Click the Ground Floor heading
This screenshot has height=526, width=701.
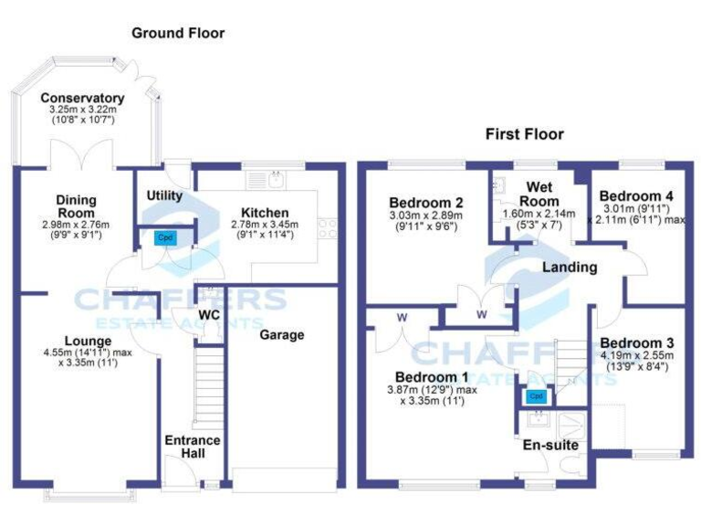178,33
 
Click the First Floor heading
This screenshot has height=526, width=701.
524,134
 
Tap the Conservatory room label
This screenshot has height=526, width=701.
87,98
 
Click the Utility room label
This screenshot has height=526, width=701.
164,195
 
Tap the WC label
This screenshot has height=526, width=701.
210,316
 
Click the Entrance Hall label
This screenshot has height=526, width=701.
192,447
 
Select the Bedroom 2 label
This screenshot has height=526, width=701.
426,203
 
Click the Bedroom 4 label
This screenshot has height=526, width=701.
630,195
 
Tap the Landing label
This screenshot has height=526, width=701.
570,268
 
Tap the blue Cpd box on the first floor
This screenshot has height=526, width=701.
537,396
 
